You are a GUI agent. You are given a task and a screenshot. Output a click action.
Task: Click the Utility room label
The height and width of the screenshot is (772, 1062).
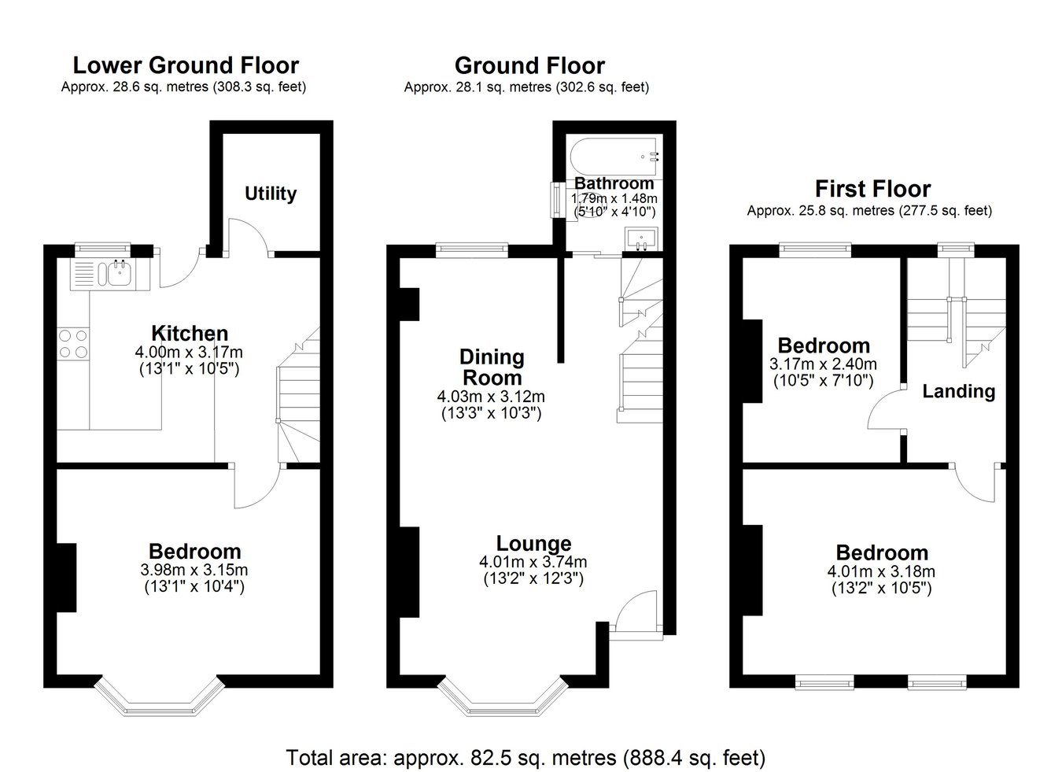[x=271, y=194]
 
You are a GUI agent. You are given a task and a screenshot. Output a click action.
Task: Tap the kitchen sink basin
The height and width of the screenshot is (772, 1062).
[x=119, y=273]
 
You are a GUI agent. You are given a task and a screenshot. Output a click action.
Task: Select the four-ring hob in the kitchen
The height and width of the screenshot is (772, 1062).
[x=73, y=344]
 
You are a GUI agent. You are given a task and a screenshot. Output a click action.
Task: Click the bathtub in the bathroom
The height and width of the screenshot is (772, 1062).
[x=614, y=157]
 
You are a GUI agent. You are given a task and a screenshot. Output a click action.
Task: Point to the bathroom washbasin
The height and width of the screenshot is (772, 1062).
[x=641, y=238]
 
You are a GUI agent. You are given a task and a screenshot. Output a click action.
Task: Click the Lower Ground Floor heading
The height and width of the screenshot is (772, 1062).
[x=186, y=65]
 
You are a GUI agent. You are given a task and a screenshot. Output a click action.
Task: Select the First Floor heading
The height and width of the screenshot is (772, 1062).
[x=873, y=189]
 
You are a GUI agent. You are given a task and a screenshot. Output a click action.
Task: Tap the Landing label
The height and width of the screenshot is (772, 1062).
[x=959, y=391]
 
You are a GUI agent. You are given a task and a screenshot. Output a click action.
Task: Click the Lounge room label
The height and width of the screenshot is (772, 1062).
[x=534, y=544]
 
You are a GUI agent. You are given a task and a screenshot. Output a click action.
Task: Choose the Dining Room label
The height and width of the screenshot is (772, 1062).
[x=492, y=368]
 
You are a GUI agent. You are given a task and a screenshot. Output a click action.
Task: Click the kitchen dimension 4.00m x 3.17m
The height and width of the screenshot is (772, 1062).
[x=189, y=353]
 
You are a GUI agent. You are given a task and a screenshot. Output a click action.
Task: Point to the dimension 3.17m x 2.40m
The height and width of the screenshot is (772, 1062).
[x=823, y=364]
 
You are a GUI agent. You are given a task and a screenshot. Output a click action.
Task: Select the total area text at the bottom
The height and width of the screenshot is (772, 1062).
[x=525, y=757]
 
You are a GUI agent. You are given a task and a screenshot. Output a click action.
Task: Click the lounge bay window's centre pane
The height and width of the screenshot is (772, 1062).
[x=503, y=711]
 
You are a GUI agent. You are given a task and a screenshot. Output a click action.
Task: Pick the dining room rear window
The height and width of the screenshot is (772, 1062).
[x=472, y=250]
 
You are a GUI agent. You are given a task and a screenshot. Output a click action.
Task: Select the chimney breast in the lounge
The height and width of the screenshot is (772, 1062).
[x=410, y=572]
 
